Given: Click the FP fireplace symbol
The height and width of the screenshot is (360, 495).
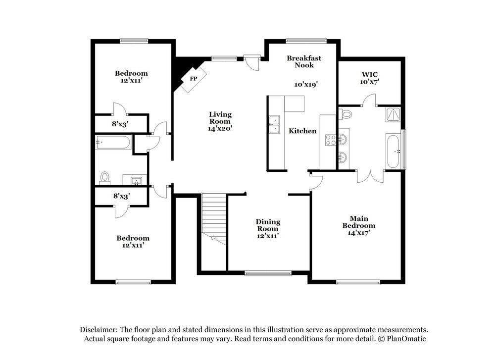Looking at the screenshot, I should pos(193,79).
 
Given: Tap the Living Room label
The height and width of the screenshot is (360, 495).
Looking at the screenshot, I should pos(220,118).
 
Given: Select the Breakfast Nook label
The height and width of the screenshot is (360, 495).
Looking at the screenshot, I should pos(304,61).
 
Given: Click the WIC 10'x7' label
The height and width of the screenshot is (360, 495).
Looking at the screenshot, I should pos(369,78).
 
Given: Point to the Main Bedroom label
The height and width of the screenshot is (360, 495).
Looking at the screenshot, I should pos(359,222).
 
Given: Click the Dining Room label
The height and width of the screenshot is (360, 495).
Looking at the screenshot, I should pos(268,225).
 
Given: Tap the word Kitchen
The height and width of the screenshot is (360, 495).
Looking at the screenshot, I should pos(302,131).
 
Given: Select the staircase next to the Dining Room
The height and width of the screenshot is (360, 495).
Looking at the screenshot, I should pos(214,218).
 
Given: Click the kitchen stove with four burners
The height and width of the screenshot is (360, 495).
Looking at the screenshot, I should pos(330,140).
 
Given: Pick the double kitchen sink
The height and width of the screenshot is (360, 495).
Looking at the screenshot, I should pos(274,124).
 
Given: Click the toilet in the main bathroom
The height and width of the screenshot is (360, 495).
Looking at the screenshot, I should pos(346,114).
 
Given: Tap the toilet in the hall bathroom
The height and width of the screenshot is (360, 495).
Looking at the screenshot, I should pos(104,177).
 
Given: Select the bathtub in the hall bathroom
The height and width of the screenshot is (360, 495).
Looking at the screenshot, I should pos(113,143).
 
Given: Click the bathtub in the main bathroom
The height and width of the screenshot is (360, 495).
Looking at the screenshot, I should pos(393,151).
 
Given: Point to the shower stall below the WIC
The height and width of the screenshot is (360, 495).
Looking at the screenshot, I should pos(393,114).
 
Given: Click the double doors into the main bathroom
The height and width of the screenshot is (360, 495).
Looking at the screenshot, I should pos(370,176).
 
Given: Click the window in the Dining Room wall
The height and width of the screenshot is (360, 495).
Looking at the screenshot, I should pos(268,272).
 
